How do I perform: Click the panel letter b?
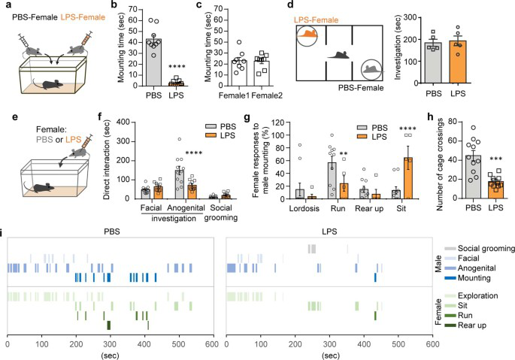click(x=114, y=7)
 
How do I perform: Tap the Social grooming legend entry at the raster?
click(x=481, y=247)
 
